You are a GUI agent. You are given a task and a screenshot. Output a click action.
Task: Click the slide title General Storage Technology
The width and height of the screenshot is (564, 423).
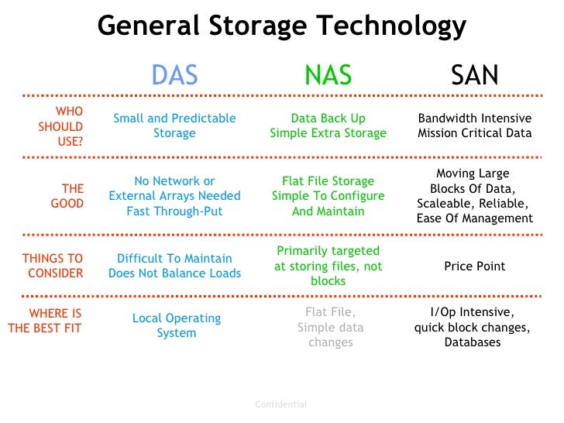tap(282, 26)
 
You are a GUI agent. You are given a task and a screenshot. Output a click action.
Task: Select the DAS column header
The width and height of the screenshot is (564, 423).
tap(174, 74)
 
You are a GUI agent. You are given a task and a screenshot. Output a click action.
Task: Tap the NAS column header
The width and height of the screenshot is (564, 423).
tap(328, 74)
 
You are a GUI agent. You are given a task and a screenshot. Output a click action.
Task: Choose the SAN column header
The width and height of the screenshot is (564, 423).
tap(475, 74)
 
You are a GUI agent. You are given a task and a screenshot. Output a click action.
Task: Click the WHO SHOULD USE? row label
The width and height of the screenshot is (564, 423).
tap(61, 126)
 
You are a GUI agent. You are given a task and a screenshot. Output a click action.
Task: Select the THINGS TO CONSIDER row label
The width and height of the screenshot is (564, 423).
tap(53, 266)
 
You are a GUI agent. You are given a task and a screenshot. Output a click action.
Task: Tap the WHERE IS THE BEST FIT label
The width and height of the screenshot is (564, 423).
tap(45, 321)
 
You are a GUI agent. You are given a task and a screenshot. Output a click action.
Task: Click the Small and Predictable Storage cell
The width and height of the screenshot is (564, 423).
tap(174, 126)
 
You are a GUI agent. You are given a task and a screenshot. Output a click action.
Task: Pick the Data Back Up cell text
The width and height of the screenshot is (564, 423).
tap(328, 119)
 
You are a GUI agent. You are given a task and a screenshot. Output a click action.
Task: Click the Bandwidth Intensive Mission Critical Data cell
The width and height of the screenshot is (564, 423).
tap(475, 126)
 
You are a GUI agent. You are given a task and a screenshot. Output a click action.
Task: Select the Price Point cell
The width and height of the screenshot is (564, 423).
tap(475, 267)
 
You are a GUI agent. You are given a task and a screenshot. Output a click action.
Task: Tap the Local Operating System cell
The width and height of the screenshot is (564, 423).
tap(177, 325)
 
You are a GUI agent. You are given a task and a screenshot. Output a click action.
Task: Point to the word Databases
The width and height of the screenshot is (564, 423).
tap(473, 342)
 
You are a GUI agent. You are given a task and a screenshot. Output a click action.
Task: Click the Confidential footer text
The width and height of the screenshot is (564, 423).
tap(281, 404)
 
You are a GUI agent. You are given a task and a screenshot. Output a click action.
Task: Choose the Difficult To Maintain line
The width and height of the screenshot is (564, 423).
tap(174, 259)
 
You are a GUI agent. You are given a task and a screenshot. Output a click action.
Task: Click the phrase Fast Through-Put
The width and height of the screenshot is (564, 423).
tap(174, 211)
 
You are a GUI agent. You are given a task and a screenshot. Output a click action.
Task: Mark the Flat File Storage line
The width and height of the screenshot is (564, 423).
tap(328, 181)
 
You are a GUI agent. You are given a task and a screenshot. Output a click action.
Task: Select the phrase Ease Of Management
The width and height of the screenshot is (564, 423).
tap(475, 218)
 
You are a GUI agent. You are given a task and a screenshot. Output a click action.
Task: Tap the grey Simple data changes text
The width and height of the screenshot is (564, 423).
tap(330, 335)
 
